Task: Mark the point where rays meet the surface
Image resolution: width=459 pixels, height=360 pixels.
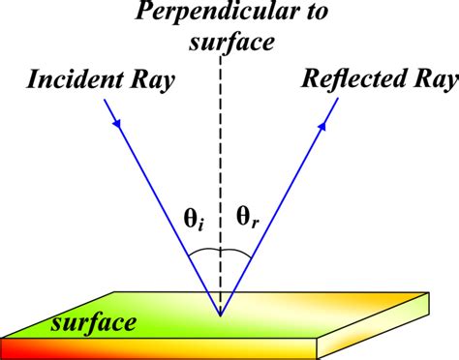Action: pyautogui.click(x=221, y=315)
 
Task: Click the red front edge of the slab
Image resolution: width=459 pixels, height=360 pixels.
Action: pyautogui.click(x=145, y=348)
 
